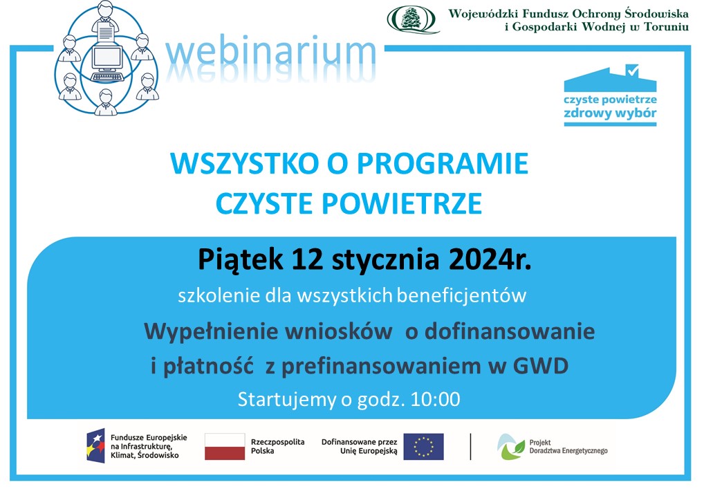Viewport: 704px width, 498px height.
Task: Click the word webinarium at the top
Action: (270, 53)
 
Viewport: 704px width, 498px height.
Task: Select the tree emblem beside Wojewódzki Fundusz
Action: (411, 20)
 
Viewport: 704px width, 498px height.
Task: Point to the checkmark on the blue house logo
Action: (632, 70)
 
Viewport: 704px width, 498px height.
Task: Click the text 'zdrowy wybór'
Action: (610, 113)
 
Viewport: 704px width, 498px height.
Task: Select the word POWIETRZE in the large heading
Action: (402, 203)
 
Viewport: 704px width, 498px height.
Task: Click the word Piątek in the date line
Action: (241, 260)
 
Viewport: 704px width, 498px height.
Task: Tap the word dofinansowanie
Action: (510, 332)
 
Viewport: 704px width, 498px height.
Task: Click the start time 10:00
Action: (436, 399)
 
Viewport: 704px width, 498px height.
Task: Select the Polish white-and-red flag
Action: (225, 446)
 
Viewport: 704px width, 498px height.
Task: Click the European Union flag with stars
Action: (423, 446)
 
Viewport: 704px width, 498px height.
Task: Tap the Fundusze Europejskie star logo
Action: (95, 445)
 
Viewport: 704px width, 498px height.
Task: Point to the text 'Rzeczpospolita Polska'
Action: (277, 446)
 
